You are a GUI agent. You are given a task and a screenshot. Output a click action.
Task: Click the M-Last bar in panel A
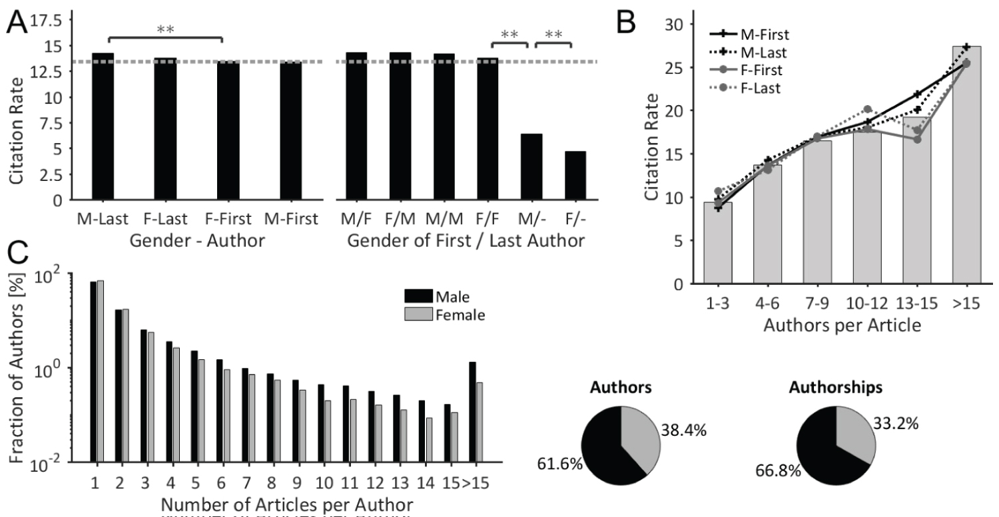[x=103, y=126]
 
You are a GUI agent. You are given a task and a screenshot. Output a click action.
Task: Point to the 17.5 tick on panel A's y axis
[x=43, y=21]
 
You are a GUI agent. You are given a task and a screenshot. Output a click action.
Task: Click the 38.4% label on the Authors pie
[x=684, y=431]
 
